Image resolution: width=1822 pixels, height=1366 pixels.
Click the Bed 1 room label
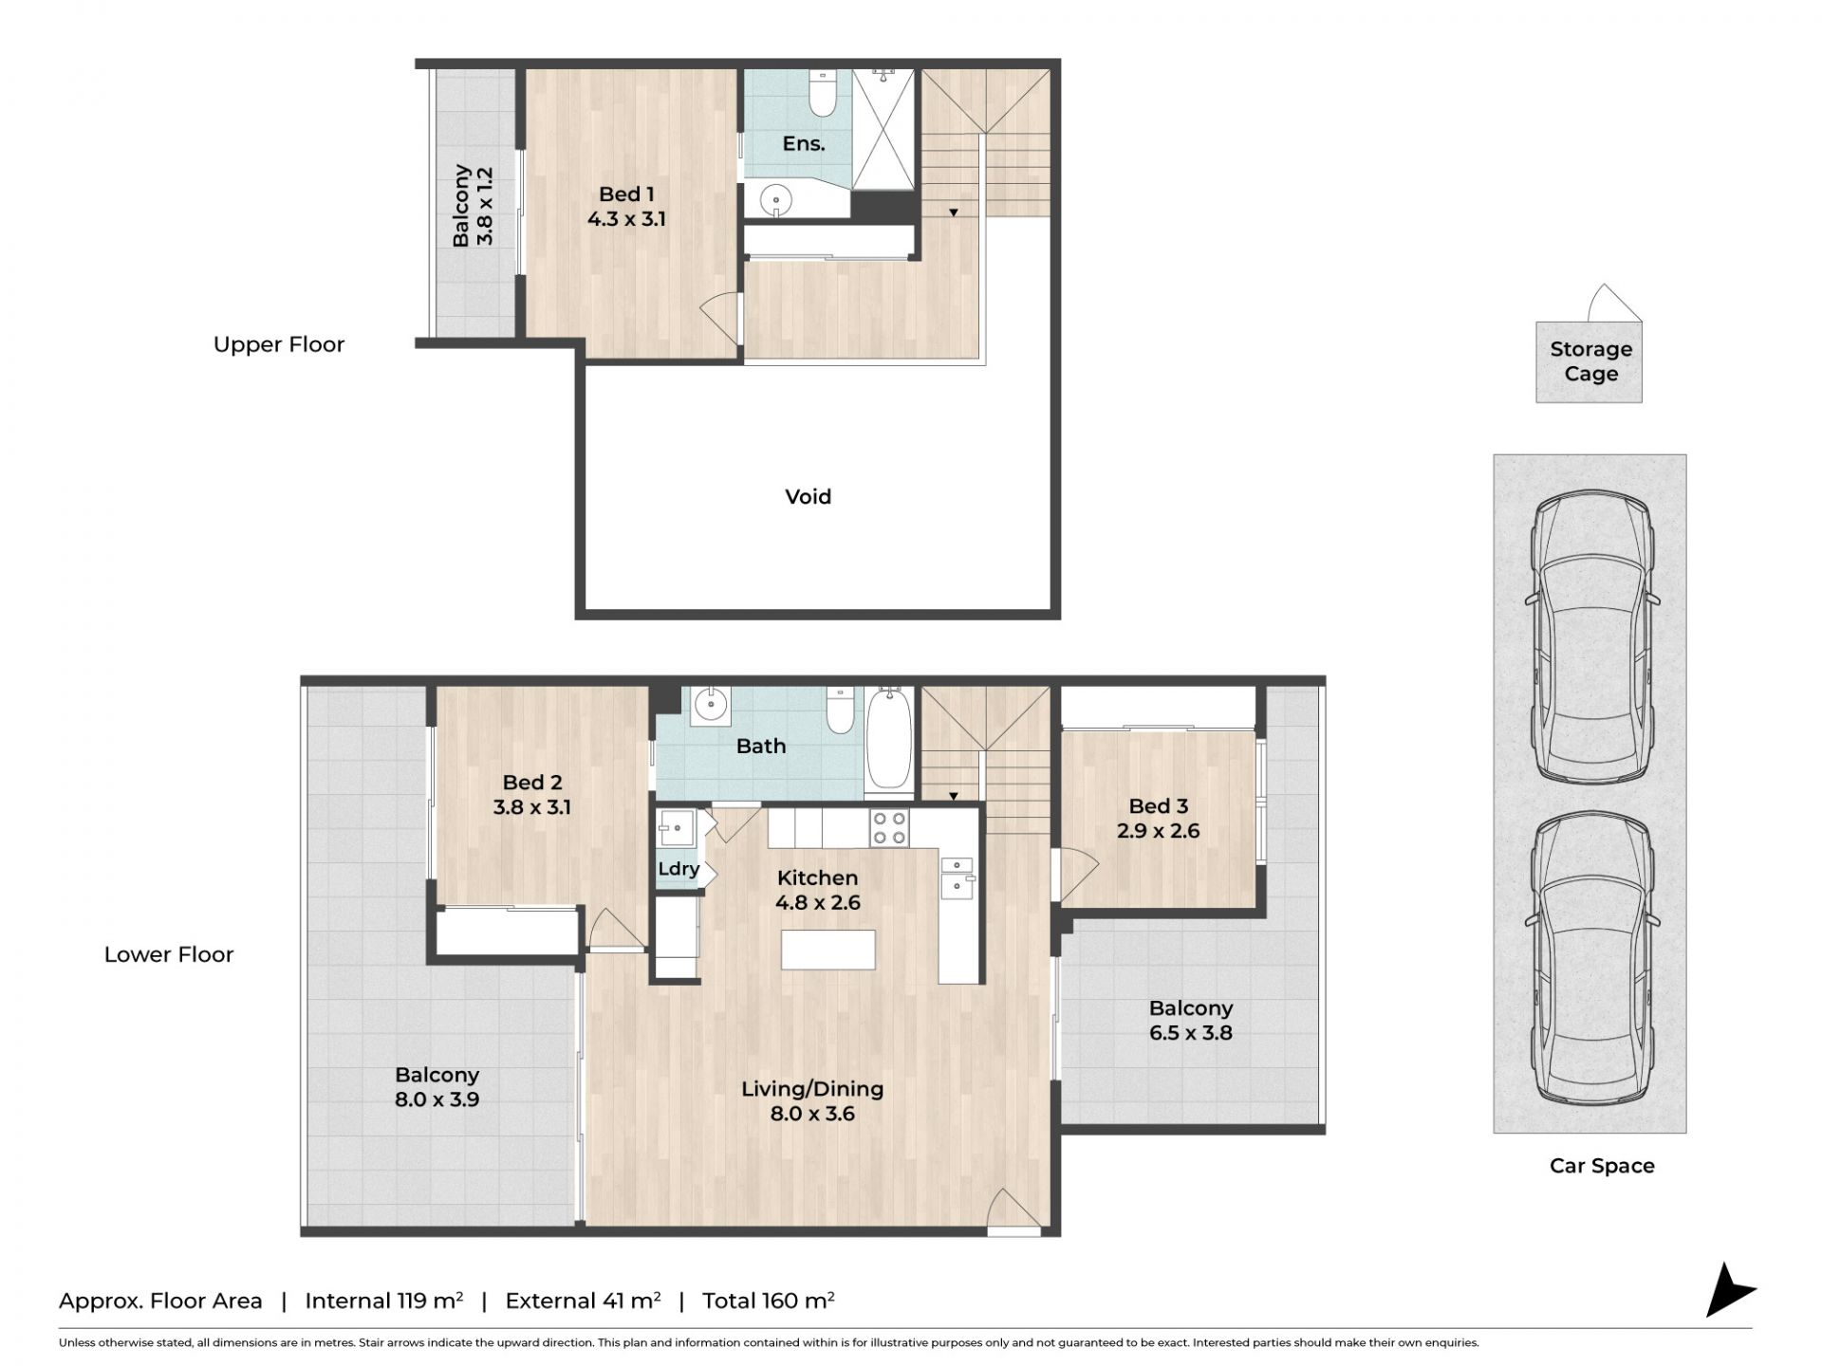pos(626,194)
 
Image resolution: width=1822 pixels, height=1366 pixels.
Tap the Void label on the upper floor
pos(808,497)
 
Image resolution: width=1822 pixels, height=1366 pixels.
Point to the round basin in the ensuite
pos(777,200)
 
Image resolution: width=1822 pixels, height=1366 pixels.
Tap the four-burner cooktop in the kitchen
pos(889,828)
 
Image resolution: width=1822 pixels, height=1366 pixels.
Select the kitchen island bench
pos(827,950)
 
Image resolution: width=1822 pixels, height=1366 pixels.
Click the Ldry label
pos(679,869)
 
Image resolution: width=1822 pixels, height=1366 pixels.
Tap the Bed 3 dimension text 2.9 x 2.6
pos(1158,831)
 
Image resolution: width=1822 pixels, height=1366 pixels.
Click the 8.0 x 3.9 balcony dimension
pos(437,1100)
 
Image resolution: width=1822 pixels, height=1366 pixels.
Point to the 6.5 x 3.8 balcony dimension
pos(1191,1033)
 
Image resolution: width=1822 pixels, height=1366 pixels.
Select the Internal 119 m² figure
pos(384,1301)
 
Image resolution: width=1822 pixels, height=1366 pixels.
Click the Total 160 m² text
pos(769,1301)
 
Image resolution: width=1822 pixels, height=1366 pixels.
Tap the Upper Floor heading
pos(279,345)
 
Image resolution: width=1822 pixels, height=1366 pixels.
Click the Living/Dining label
pos(812,1089)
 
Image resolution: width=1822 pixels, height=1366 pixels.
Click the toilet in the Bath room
pos(841,711)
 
